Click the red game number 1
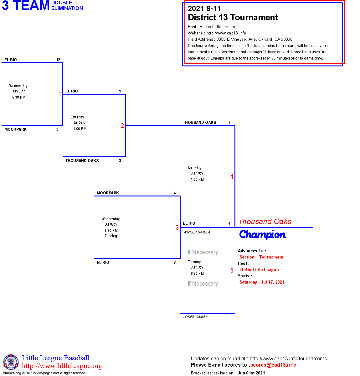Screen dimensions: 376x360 coord(60,94)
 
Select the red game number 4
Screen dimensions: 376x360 coord(232,176)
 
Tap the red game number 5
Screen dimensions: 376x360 coord(232,270)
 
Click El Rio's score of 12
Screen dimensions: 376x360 coord(58,60)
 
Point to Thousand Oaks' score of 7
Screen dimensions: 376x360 coord(229,123)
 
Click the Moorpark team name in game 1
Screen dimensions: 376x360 coord(16,129)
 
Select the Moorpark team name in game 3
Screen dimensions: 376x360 coord(108,193)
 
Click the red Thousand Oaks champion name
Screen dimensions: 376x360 coord(265,222)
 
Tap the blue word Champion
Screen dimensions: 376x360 coord(262,235)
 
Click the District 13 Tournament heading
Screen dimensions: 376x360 coord(233,18)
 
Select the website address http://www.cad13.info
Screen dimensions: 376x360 coord(226,33)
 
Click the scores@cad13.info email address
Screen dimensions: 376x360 coord(273,365)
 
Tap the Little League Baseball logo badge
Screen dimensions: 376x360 coord(11,362)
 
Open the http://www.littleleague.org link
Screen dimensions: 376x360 coord(62,366)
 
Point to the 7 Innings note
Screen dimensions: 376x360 coord(111,236)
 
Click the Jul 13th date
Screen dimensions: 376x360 coord(197,267)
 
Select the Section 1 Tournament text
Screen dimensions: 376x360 coord(261,257)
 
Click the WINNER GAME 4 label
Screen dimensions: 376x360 coord(197,232)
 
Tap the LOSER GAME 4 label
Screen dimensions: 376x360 coord(195,317)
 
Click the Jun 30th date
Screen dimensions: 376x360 coord(19,91)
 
